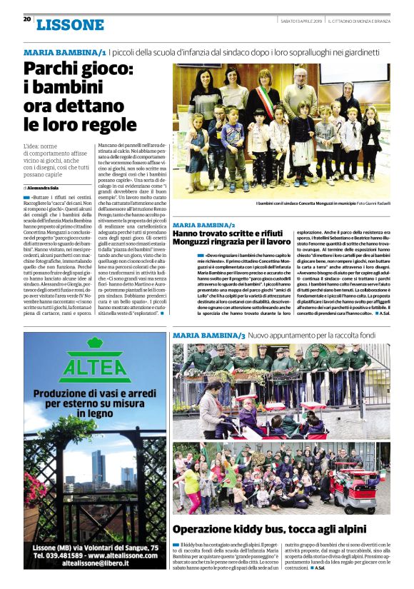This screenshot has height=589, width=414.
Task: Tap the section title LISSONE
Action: pyautogui.click(x=70, y=25)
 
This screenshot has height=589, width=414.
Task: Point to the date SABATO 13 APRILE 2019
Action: pyautogui.click(x=301, y=19)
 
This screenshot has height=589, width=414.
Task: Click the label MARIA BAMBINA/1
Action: pyautogui.click(x=65, y=53)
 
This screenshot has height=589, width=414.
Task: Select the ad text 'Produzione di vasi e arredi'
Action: pyautogui.click(x=94, y=396)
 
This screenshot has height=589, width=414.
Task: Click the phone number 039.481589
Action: pyautogui.click(x=74, y=554)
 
